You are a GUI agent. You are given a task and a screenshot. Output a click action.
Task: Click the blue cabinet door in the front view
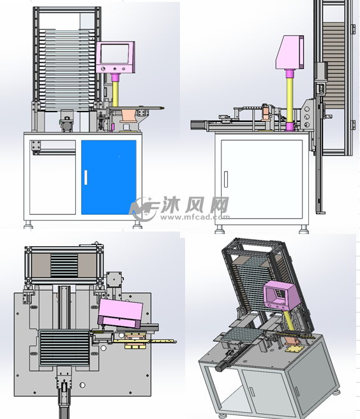pyautogui.click(x=109, y=177)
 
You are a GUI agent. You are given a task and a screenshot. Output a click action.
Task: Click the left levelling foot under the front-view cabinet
pyautogui.click(x=29, y=224)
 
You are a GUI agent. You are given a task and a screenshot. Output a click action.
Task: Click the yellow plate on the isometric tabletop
pyautogui.click(x=293, y=348)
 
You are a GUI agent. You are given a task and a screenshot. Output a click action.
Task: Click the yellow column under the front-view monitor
pyautogui.click(x=116, y=90)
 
